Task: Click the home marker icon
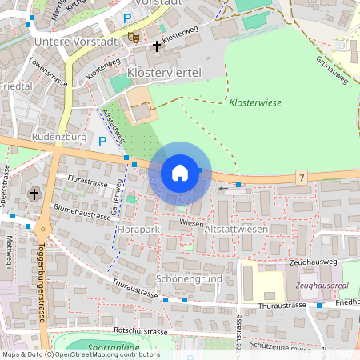pyautogui.click(x=179, y=172)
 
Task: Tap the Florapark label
pyautogui.click(x=138, y=230)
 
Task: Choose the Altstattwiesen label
pyautogui.click(x=236, y=230)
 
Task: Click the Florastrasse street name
pyautogui.click(x=87, y=178)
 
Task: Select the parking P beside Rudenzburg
pyautogui.click(x=102, y=141)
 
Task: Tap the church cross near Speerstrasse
pyautogui.click(x=34, y=194)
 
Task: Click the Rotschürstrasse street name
pyautogui.click(x=141, y=330)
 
